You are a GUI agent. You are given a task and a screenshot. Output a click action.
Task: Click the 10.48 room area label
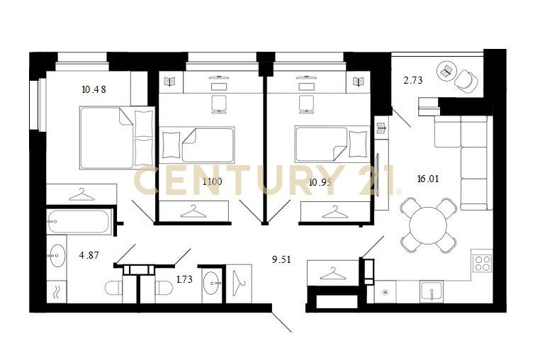tap(94, 89)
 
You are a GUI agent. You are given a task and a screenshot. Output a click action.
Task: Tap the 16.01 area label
tap(428, 179)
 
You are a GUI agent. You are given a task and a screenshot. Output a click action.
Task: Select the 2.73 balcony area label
tap(413, 80)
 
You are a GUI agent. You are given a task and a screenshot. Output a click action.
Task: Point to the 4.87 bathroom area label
tap(89, 255)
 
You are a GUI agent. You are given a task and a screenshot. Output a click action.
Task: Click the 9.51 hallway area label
tap(281, 259)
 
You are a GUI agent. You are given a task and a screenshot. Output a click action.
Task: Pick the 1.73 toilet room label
tap(184, 279)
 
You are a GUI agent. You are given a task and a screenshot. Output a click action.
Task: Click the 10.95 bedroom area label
tap(320, 182)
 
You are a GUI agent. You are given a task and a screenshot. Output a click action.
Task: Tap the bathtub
tap(79, 222)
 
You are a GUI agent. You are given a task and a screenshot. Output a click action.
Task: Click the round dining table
tap(428, 225)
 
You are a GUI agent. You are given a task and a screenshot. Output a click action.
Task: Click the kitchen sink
tap(432, 292)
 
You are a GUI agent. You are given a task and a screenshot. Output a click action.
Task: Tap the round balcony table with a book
tap(447, 71)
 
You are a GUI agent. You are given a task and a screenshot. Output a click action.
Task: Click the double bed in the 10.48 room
tap(117, 138)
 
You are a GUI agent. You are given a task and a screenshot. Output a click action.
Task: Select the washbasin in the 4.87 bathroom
tap(57, 255)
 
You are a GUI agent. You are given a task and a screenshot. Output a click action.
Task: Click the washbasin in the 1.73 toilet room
tap(212, 283)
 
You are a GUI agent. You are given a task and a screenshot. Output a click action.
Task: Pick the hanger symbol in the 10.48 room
tap(82, 194)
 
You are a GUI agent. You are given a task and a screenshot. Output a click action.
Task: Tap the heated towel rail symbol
tap(57, 292)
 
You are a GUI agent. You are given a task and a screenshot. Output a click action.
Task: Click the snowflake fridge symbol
tap(385, 292)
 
